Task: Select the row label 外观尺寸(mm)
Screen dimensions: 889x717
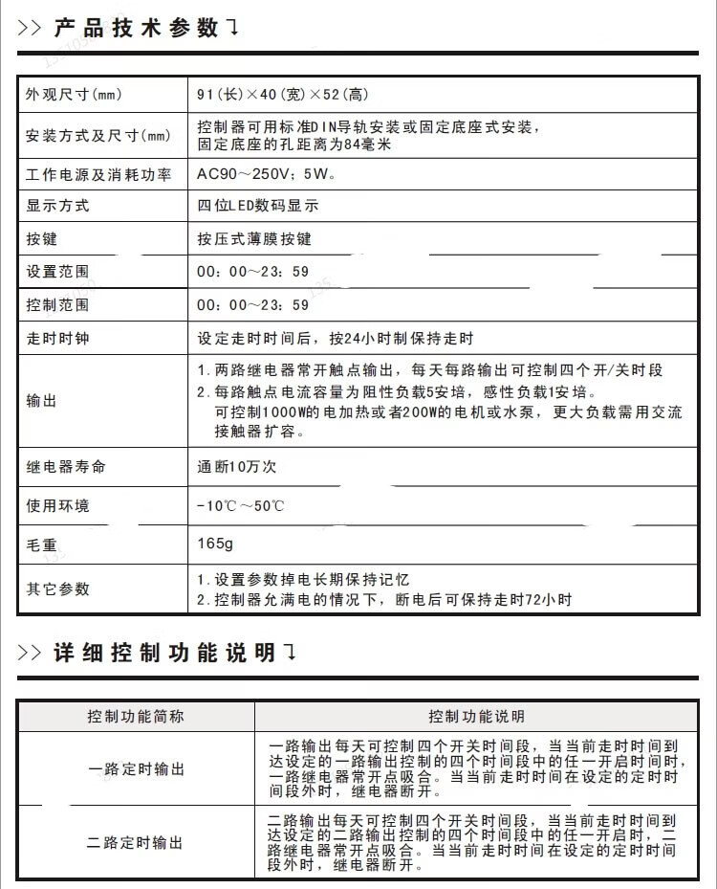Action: point(74,95)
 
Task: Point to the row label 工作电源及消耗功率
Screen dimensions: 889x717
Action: point(98,174)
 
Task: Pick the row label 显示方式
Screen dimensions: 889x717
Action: point(57,206)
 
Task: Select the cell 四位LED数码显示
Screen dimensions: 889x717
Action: point(257,206)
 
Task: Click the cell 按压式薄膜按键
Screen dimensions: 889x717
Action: point(254,238)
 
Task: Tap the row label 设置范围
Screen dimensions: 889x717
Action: point(57,272)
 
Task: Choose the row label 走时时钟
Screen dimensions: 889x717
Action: point(57,339)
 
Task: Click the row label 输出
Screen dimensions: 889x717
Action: point(42,401)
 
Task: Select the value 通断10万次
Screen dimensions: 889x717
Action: point(236,467)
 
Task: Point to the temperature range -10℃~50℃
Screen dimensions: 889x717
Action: point(240,505)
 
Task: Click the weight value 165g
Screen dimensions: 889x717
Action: point(215,544)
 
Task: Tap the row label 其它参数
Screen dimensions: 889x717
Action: point(57,589)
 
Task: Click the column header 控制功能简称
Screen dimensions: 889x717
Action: point(136,716)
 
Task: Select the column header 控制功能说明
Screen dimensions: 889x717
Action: point(476,716)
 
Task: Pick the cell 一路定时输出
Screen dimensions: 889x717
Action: point(136,769)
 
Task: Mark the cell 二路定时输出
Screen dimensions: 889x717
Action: point(136,843)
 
